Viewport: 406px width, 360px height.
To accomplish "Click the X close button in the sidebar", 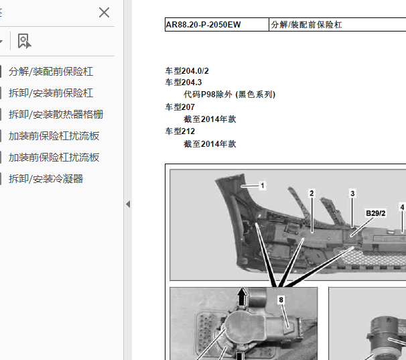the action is (x=104, y=13).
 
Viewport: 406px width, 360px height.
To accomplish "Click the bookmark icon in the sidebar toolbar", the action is (x=24, y=41).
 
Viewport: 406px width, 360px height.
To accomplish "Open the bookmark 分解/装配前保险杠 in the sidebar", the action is (x=51, y=72).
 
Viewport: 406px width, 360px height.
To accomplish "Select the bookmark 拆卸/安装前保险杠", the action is (x=51, y=93).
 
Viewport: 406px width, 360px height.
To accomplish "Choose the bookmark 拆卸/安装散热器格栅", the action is (x=56, y=114).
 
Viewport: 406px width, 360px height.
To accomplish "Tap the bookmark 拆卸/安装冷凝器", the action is (x=46, y=178).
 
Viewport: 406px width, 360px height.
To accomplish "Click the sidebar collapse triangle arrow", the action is (x=128, y=204).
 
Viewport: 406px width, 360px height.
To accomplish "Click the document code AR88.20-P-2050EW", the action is (x=203, y=25).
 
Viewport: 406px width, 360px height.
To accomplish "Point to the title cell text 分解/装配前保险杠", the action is (x=306, y=25).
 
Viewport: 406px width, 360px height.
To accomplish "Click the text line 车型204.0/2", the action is (x=187, y=71).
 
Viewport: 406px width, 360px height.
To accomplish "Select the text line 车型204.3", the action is (x=184, y=82).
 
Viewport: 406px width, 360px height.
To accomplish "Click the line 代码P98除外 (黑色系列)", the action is (x=229, y=95).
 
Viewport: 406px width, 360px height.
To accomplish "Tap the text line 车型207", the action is (x=180, y=107).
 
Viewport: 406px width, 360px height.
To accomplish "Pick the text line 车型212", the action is (x=180, y=131).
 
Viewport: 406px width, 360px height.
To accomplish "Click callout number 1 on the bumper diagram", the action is (x=263, y=186).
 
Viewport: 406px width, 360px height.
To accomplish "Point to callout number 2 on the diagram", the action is (x=312, y=193).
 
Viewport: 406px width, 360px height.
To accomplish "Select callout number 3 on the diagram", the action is (x=352, y=193).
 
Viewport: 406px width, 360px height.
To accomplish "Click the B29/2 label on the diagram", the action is (x=375, y=213).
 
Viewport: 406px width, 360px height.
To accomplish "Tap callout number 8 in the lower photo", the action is (x=281, y=300).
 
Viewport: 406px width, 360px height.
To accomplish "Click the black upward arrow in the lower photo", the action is (x=243, y=296).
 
